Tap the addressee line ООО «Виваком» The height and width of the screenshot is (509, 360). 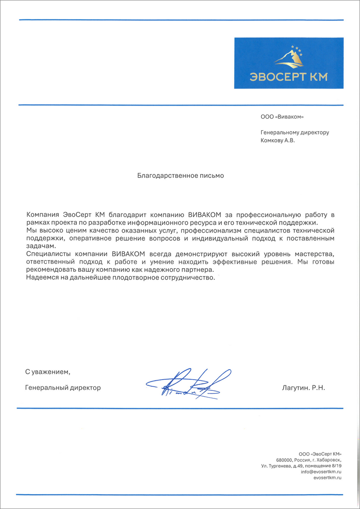pos(282,117)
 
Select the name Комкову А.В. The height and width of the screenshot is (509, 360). pos(278,140)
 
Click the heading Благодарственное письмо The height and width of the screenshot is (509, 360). pos(180,176)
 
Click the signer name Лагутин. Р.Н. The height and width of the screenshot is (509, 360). pos(303,387)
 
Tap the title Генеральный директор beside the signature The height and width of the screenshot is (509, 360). pos(63,387)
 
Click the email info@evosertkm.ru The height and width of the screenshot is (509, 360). pos(321,472)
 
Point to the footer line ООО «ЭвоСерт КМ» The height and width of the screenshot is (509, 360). pos(320,453)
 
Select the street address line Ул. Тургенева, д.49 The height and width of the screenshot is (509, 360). pos(287,466)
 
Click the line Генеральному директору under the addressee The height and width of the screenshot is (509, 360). pos(295,133)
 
